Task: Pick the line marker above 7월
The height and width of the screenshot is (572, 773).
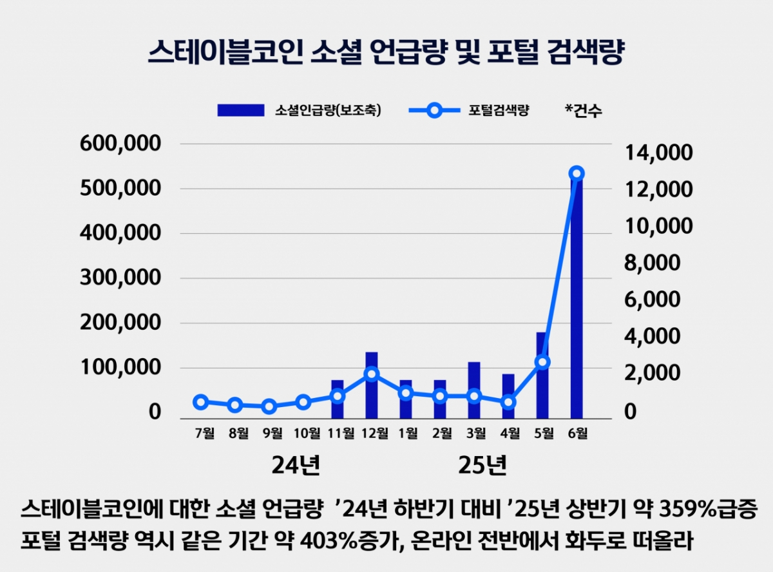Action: [201, 402]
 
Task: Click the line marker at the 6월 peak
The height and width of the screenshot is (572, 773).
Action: [577, 173]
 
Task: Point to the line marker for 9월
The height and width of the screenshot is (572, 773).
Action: [269, 406]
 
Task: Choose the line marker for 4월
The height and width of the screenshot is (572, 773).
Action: [508, 402]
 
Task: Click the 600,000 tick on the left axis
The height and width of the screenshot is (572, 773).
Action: [120, 144]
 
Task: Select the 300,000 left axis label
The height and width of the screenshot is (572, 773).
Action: [120, 278]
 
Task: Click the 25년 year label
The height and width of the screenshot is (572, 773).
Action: [482, 464]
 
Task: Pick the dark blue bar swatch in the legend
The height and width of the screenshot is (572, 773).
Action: [240, 110]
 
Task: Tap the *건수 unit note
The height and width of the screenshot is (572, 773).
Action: [584, 111]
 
